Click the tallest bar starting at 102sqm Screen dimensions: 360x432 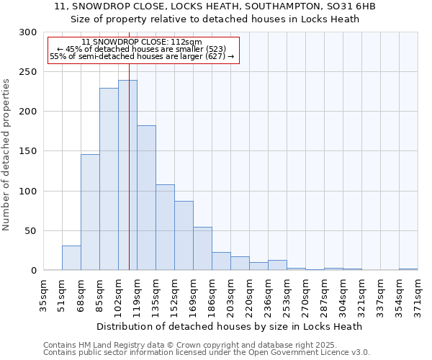(127, 175)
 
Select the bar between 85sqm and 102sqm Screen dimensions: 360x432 (109, 179)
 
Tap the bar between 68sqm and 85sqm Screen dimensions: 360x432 (90, 212)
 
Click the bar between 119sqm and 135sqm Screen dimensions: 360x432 (146, 198)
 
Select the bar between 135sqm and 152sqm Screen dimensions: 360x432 (165, 228)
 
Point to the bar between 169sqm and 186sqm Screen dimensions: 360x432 (202, 248)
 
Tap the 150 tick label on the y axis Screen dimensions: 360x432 (28, 151)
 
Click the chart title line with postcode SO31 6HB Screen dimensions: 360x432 (215, 6)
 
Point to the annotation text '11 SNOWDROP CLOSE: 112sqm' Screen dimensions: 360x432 (142, 42)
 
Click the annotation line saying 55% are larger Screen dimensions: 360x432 (142, 56)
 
